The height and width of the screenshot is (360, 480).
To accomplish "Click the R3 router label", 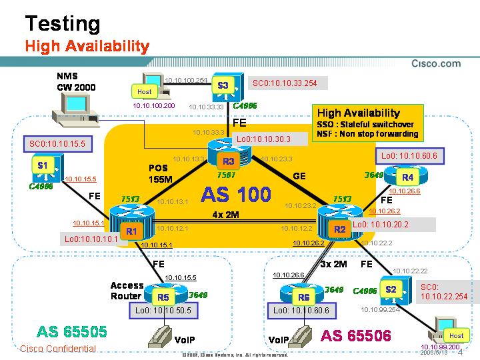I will click(x=229, y=161).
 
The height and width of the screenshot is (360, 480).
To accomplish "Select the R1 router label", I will click(x=131, y=231).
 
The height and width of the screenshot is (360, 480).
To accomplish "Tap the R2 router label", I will click(x=340, y=229).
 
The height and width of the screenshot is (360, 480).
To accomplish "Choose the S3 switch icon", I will click(x=223, y=85).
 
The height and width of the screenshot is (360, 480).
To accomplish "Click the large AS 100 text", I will click(x=236, y=195).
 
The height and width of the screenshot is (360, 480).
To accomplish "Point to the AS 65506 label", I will click(x=355, y=335).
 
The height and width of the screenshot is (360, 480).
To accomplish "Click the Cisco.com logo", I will click(x=436, y=64).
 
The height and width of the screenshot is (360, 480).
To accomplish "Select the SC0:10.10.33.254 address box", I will click(x=283, y=83).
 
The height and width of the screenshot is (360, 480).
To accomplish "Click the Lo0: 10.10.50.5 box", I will click(x=163, y=310).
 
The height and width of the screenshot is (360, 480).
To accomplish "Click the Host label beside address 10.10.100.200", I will click(x=144, y=91).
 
